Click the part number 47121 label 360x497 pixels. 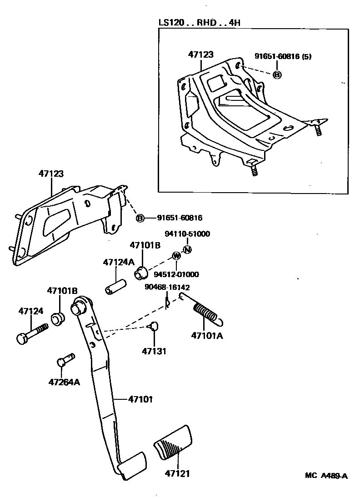pos(177,473)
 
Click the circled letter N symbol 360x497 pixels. pos(187,249)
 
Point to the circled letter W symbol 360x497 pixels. pos(176,257)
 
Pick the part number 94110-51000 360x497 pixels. pos(187,234)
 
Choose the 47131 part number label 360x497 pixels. pos(154,351)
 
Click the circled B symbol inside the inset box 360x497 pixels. pos(277,75)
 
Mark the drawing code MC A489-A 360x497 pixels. pos(326,476)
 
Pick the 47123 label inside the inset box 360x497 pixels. pos(200,54)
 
